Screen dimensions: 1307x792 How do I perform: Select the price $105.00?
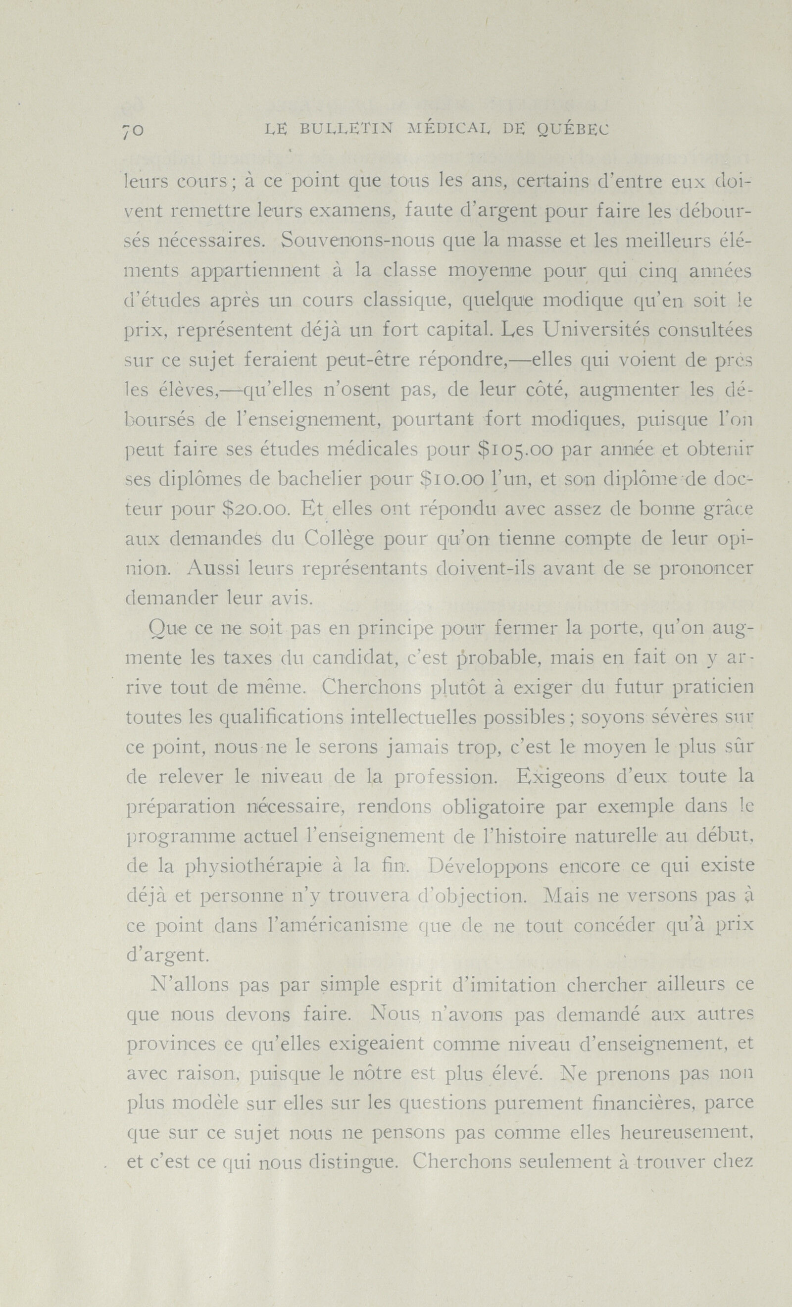(x=515, y=450)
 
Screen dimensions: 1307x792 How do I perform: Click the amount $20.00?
(x=255, y=509)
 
